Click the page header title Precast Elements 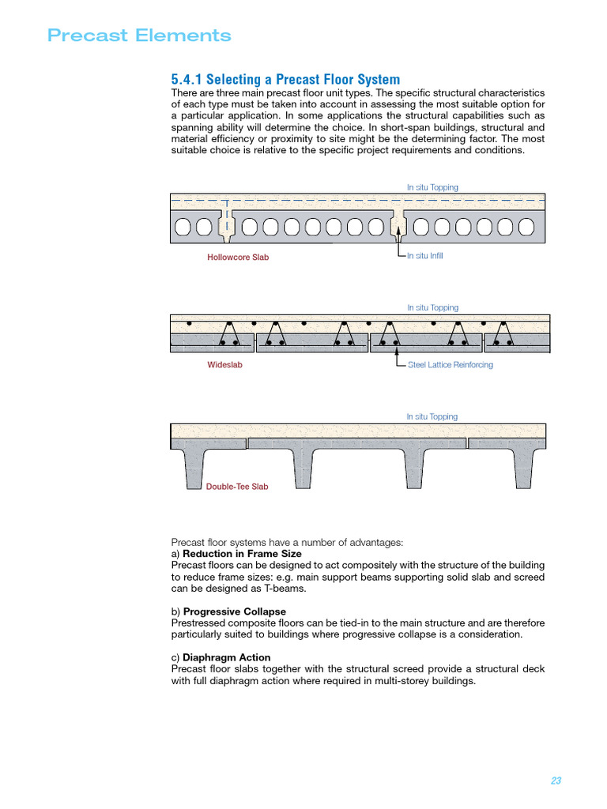(139, 36)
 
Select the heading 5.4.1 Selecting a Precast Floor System (285, 80)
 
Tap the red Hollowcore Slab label (238, 257)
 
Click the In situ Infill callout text (424, 256)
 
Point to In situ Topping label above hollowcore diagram (432, 187)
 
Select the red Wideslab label (224, 365)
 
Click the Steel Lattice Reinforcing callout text (450, 365)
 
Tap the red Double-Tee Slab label (237, 487)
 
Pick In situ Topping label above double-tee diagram (432, 416)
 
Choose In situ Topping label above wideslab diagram (432, 307)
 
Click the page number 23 (556, 781)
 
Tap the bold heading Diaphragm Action (227, 657)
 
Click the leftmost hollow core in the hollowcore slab (183, 228)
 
